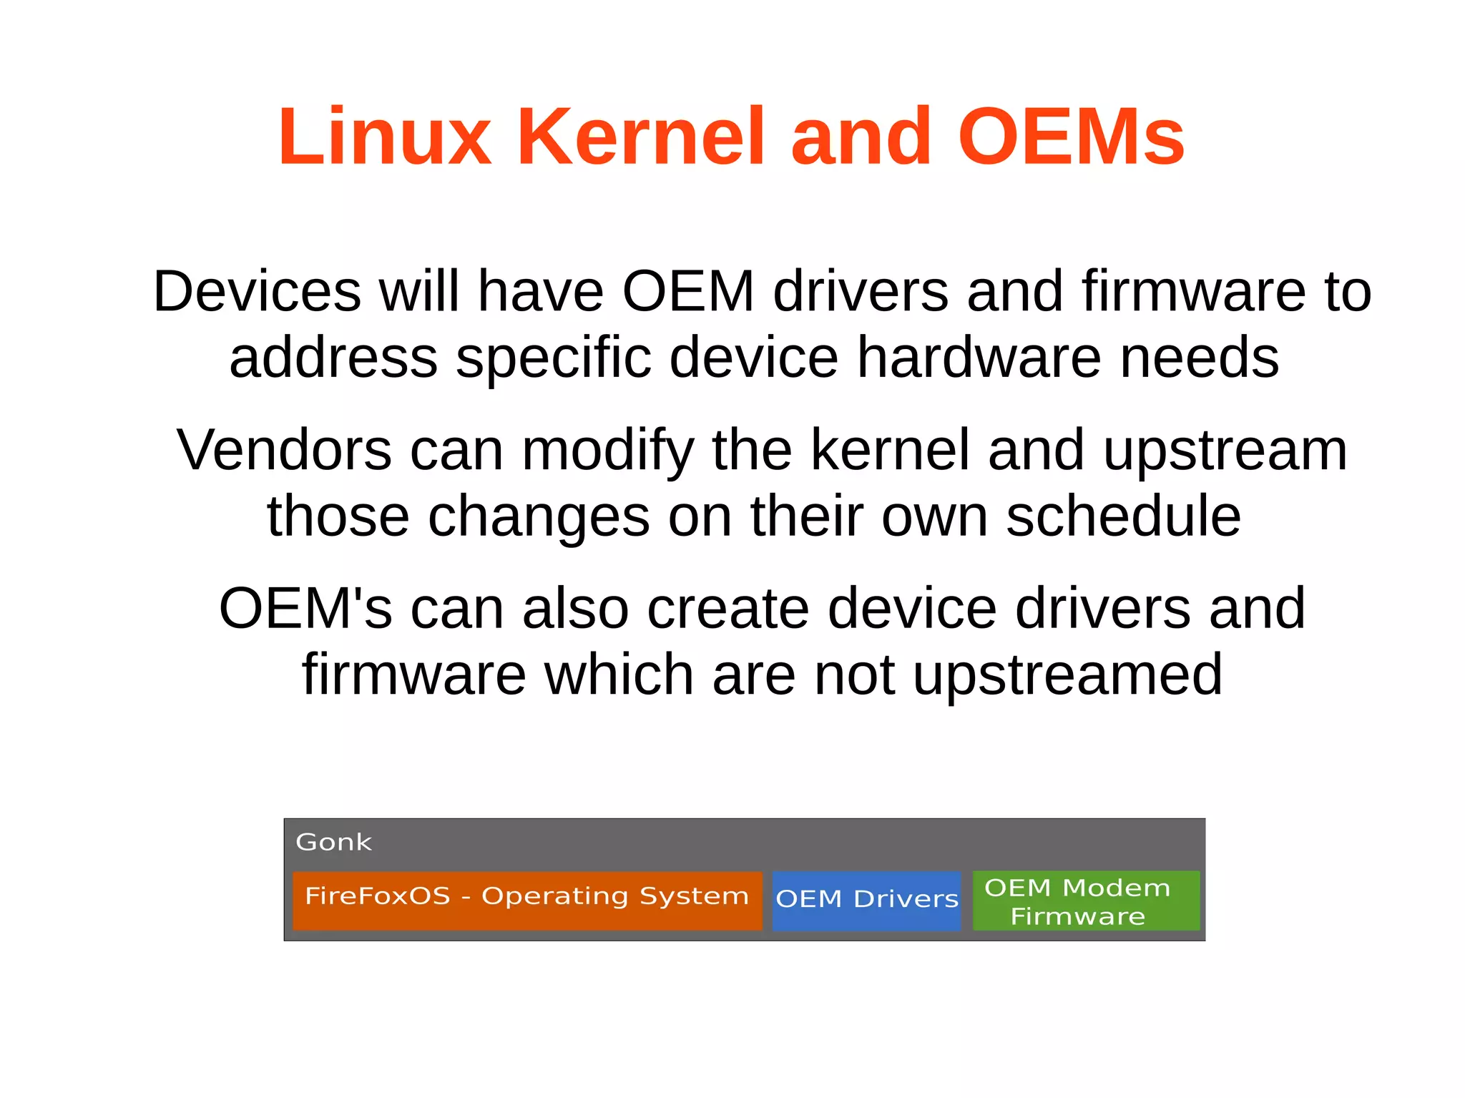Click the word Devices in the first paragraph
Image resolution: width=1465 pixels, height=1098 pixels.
[257, 291]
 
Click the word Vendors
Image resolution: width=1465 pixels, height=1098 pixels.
[284, 450]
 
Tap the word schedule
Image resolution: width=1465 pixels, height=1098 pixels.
[1123, 516]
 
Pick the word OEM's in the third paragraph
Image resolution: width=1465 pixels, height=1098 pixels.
[305, 609]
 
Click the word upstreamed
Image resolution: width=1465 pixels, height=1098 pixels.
[1067, 675]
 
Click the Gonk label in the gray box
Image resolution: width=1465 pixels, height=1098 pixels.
[333, 842]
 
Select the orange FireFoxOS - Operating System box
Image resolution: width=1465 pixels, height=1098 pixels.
[527, 899]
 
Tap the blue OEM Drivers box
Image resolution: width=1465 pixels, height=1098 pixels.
[866, 900]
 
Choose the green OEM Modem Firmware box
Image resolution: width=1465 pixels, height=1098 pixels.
[1085, 900]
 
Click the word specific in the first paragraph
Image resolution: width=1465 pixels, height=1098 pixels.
[554, 357]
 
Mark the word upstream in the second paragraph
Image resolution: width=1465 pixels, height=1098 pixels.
[1225, 450]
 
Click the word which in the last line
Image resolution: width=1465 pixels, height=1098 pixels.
[619, 675]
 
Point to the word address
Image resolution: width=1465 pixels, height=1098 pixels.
[333, 357]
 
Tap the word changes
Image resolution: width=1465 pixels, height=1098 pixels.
[539, 516]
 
